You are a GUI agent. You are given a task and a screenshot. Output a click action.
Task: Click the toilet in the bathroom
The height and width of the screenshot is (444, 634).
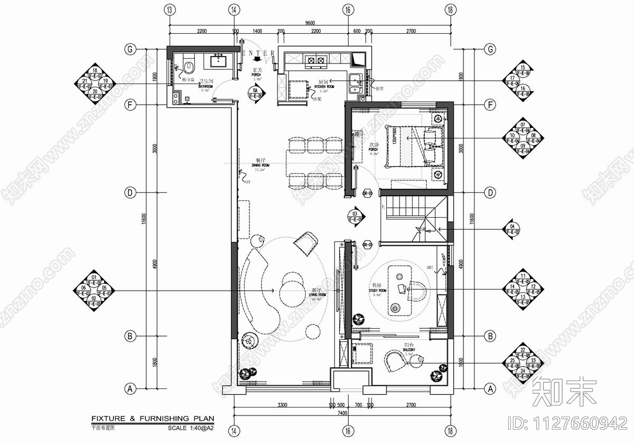[189, 65]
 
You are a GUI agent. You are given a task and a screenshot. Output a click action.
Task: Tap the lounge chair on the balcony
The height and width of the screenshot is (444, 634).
[394, 362]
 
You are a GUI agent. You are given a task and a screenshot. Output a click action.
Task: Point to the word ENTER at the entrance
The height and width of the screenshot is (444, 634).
[258, 53]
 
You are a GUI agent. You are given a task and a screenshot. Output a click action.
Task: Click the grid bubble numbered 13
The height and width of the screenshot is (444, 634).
[170, 10]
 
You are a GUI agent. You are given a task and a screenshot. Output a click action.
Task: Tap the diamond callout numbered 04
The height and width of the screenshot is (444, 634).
[511, 229]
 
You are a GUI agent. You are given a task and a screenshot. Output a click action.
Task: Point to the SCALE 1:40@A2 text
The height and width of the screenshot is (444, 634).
[191, 428]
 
